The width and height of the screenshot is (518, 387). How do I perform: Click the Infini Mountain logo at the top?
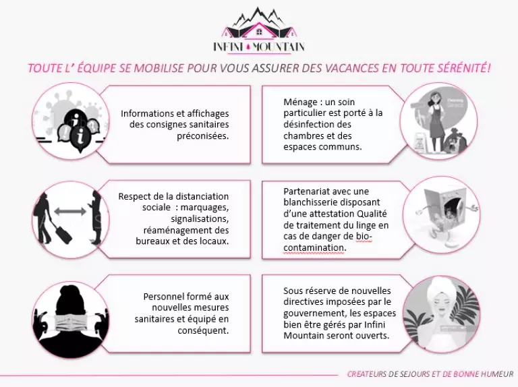(259, 30)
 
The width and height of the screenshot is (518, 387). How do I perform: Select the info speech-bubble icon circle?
(71, 121)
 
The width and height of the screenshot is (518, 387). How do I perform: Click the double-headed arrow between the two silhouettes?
(69, 211)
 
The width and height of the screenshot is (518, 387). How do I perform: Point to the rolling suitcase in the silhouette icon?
(62, 233)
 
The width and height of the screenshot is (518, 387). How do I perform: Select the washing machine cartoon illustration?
(442, 214)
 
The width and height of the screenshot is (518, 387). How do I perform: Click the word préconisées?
(203, 136)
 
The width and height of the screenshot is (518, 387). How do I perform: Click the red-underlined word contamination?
(314, 247)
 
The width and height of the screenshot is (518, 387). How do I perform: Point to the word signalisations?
(200, 219)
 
